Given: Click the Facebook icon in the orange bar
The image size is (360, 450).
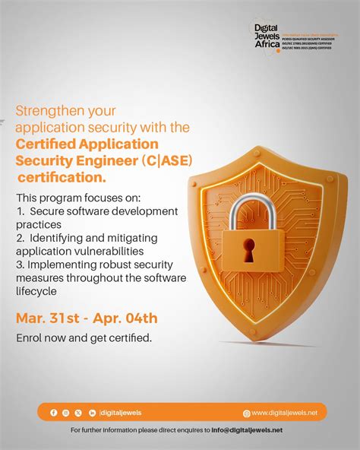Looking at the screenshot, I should [x=53, y=413].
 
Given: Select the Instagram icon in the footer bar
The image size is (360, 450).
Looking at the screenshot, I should [x=66, y=413].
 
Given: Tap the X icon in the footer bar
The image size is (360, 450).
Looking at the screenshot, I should [x=78, y=413].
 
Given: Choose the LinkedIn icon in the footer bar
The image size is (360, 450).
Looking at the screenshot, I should [x=91, y=413].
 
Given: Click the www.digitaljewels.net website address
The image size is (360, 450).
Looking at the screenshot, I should [x=289, y=413].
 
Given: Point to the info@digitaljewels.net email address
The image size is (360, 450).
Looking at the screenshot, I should [x=247, y=430].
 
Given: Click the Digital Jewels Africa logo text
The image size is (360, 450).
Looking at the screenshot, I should [x=267, y=34].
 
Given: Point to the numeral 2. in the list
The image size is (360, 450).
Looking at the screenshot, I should [x=20, y=238].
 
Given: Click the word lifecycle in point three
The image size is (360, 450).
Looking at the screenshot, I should [x=36, y=291].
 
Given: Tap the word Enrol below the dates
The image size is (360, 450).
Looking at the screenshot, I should [x=30, y=337].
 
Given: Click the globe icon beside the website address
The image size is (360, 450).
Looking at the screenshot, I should [x=246, y=414].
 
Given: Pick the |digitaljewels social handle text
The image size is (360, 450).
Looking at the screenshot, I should [x=120, y=413].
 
